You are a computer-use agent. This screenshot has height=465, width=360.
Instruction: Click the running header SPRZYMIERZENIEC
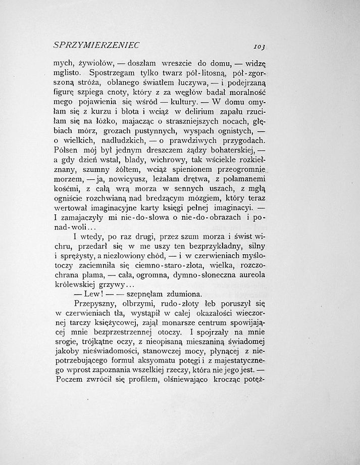96,45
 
